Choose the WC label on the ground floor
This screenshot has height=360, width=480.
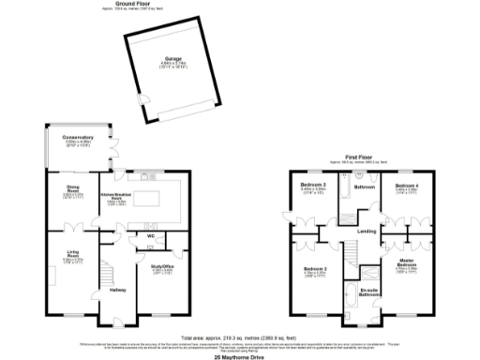tap(148, 234)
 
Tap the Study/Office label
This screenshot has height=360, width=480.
tap(162, 267)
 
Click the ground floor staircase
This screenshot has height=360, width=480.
tap(106, 275)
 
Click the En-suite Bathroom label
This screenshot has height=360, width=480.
tap(369, 292)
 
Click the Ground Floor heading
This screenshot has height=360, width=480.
tap(132, 4)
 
